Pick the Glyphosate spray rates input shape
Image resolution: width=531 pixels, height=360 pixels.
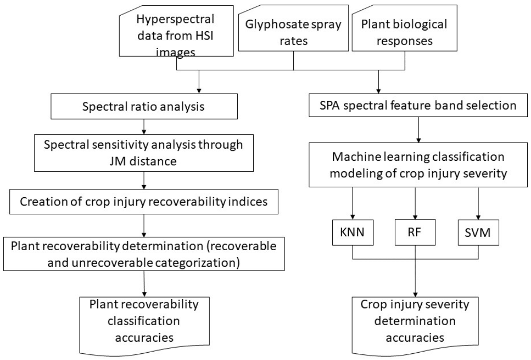click(294, 31)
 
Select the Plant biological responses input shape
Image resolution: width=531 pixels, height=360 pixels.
click(404, 31)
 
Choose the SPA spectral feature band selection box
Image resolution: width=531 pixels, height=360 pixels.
click(414, 106)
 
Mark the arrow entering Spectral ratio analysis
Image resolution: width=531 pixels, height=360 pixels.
click(200, 86)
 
